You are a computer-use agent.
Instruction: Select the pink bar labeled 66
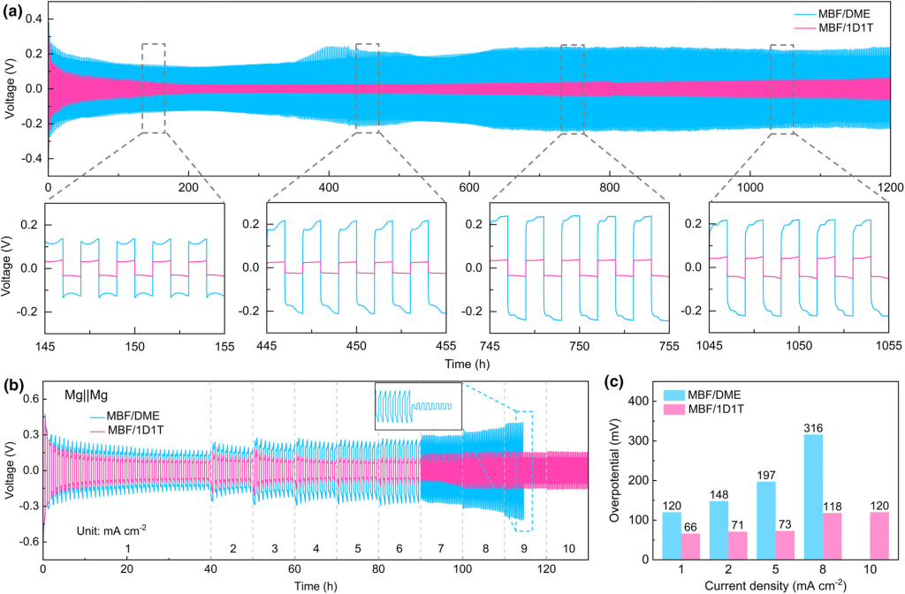[x=690, y=535]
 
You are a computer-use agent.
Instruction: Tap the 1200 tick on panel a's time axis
[x=889, y=188]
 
